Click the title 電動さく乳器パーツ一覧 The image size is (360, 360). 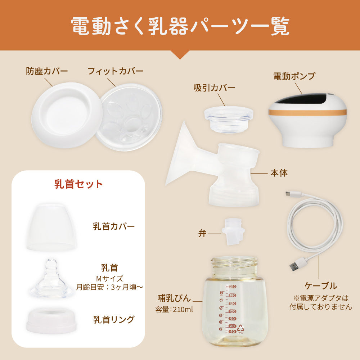pyautogui.click(x=180, y=26)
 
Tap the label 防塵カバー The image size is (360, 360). pyautogui.click(x=47, y=71)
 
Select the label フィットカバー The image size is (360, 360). pyautogui.click(x=116, y=71)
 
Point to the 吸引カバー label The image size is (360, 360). pyautogui.click(x=214, y=88)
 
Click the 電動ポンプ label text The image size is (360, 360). pyautogui.click(x=294, y=76)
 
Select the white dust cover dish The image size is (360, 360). pyautogui.click(x=67, y=115)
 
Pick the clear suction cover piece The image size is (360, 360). pyautogui.click(x=229, y=119)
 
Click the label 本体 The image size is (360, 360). pyautogui.click(x=279, y=173)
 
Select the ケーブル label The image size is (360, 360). pyautogui.click(x=321, y=286)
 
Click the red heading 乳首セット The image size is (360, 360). pyautogui.click(x=78, y=184)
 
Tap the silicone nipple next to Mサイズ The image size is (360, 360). pyautogui.click(x=51, y=279)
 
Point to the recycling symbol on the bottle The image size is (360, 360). pyautogui.click(x=240, y=328)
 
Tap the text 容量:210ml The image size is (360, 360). pyautogui.click(x=174, y=310)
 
